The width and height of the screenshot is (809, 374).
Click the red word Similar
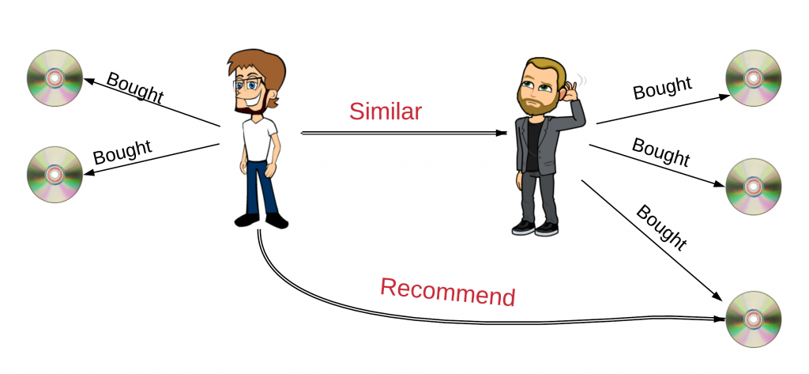pos(385,111)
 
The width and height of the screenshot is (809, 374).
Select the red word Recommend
pos(448,292)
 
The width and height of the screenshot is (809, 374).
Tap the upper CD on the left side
pos(55,78)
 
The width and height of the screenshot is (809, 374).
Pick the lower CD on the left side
pos(55,174)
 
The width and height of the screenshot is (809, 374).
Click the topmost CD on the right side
pos(754,79)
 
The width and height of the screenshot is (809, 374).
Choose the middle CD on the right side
pos(754,187)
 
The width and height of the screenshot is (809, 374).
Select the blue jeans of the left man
pos(258,186)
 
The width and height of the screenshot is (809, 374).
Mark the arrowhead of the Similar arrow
pos(501,133)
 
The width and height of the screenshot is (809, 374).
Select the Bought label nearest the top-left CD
pos(134,88)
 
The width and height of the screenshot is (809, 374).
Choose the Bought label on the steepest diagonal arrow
pos(660,228)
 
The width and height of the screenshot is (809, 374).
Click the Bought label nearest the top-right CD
pos(662,89)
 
